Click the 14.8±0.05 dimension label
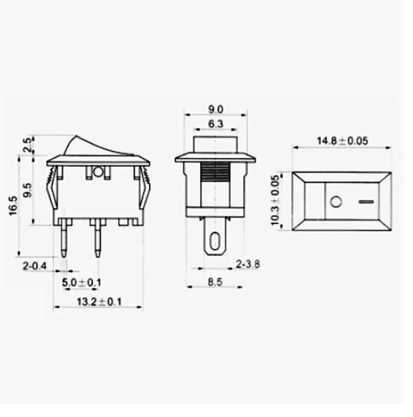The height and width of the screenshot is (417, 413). click(342, 141)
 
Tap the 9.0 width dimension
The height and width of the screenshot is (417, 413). click(215, 109)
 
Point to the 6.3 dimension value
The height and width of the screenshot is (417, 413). click(215, 124)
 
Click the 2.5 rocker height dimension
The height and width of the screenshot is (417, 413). click(26, 146)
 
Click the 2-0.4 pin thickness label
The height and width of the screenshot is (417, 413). click(34, 266)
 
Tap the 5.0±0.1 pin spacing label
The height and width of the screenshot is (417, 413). click(81, 282)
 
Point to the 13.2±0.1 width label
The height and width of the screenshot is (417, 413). click(99, 302)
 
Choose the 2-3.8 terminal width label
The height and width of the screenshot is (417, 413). click(247, 264)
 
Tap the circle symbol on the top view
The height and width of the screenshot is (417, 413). click(336, 201)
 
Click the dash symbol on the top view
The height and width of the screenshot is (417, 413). click(367, 201)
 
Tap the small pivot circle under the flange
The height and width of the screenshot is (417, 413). click(98, 171)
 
